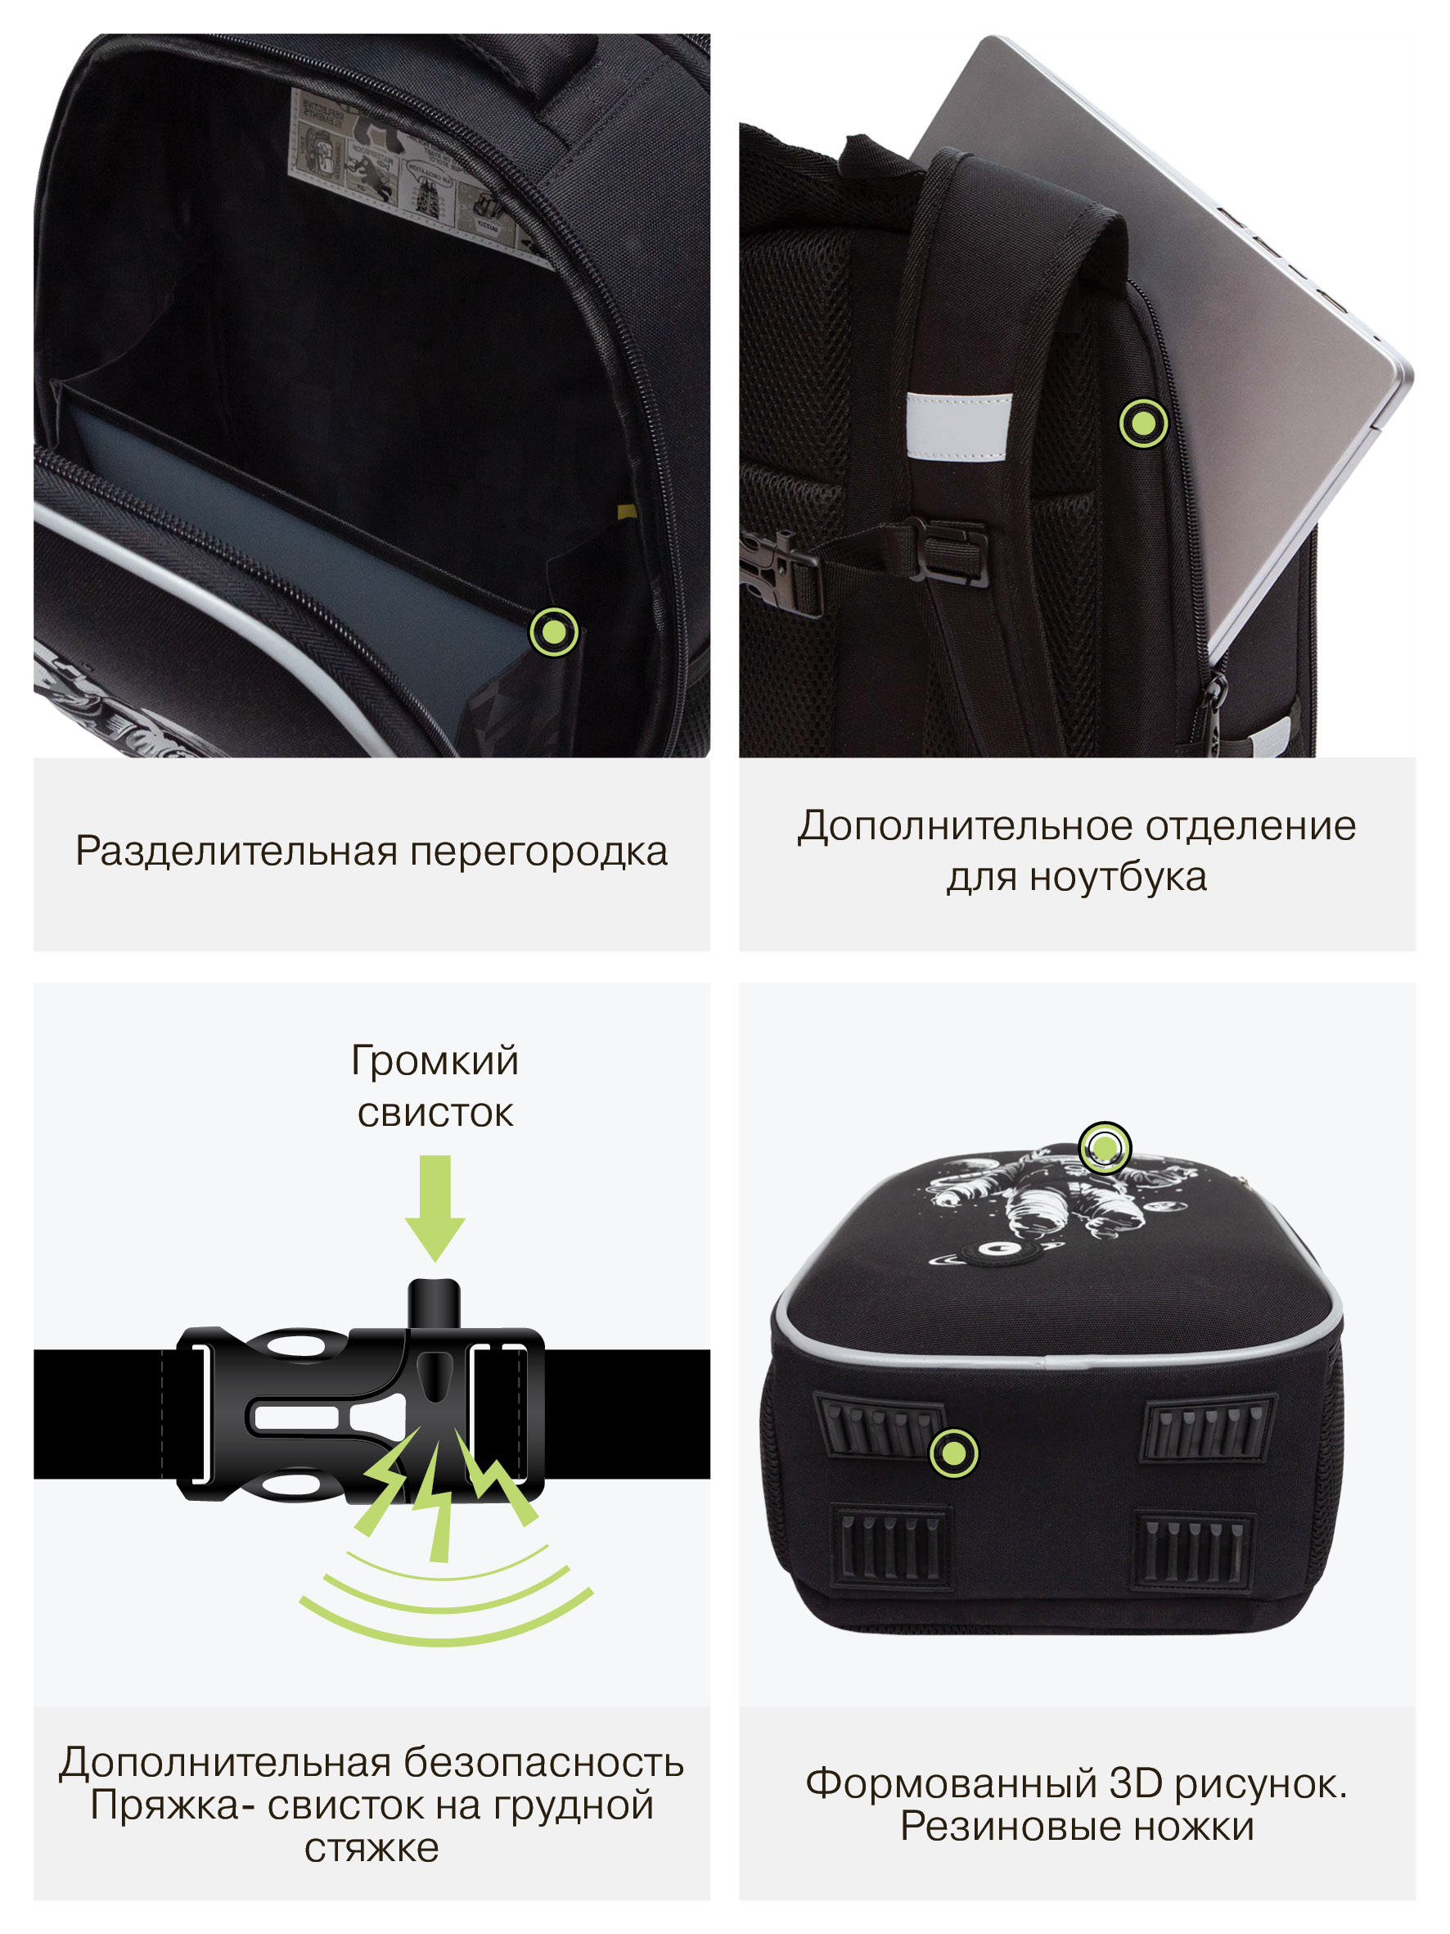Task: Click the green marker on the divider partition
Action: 554,631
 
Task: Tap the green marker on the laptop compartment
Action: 1143,423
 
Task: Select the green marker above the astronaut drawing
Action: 1105,1147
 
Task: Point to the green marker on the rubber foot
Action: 953,1453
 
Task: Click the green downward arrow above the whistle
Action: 435,1208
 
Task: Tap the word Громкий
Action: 435,1060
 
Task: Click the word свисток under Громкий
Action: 435,1113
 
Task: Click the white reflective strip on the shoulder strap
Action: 959,426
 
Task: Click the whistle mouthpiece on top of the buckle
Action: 435,1305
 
